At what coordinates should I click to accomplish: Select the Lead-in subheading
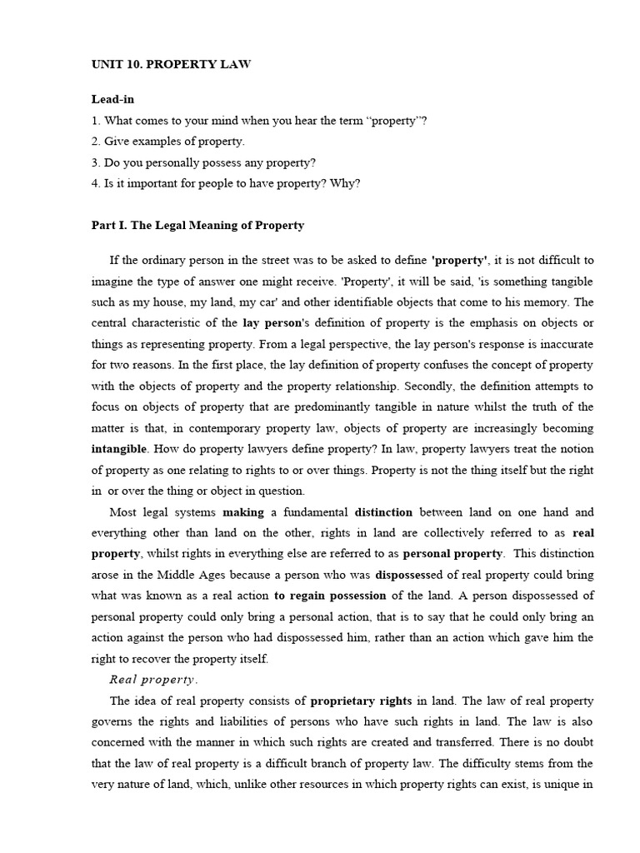(x=112, y=99)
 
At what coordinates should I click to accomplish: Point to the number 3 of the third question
(x=94, y=162)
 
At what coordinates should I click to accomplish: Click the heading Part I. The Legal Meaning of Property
(x=197, y=225)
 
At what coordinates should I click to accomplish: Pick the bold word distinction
(x=382, y=511)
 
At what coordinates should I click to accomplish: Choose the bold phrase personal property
(x=453, y=553)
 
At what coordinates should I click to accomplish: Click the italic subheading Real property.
(x=154, y=679)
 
